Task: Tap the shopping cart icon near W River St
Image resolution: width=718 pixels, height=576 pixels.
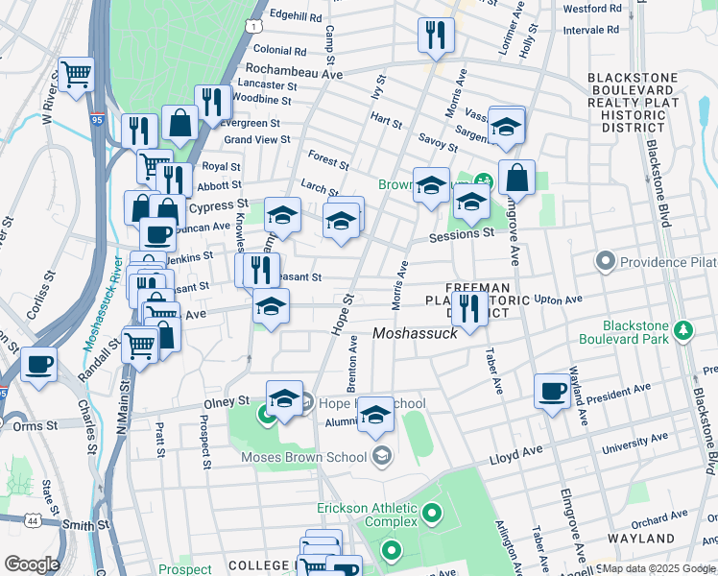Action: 76,74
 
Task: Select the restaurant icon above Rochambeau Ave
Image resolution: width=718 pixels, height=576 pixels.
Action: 436,36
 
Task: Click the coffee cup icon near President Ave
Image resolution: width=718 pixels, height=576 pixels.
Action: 552,391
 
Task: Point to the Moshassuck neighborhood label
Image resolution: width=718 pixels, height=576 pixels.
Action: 415,333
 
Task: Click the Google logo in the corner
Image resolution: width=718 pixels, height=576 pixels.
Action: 31,564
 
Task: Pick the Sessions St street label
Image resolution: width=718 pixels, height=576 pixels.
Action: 462,233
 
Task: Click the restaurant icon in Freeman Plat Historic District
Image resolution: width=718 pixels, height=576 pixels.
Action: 467,307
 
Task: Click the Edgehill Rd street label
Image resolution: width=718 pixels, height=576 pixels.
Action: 295,16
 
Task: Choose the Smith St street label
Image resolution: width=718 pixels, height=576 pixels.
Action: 87,525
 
